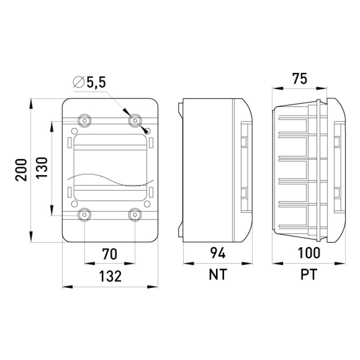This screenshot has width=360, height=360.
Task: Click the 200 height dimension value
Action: pyautogui.click(x=21, y=170)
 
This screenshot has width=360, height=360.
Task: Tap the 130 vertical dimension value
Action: pyautogui.click(x=41, y=167)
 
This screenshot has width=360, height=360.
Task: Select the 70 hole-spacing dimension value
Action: pyautogui.click(x=109, y=254)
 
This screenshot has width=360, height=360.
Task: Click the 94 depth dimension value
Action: pyautogui.click(x=218, y=253)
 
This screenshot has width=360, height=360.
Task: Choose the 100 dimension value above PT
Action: pyautogui.click(x=309, y=253)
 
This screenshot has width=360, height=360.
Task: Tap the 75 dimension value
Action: pyautogui.click(x=299, y=78)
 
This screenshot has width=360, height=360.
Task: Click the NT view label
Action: pyautogui.click(x=218, y=274)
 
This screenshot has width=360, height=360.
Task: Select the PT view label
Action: pyautogui.click(x=309, y=274)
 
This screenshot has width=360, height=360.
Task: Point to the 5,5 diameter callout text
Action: pyautogui.click(x=96, y=82)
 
